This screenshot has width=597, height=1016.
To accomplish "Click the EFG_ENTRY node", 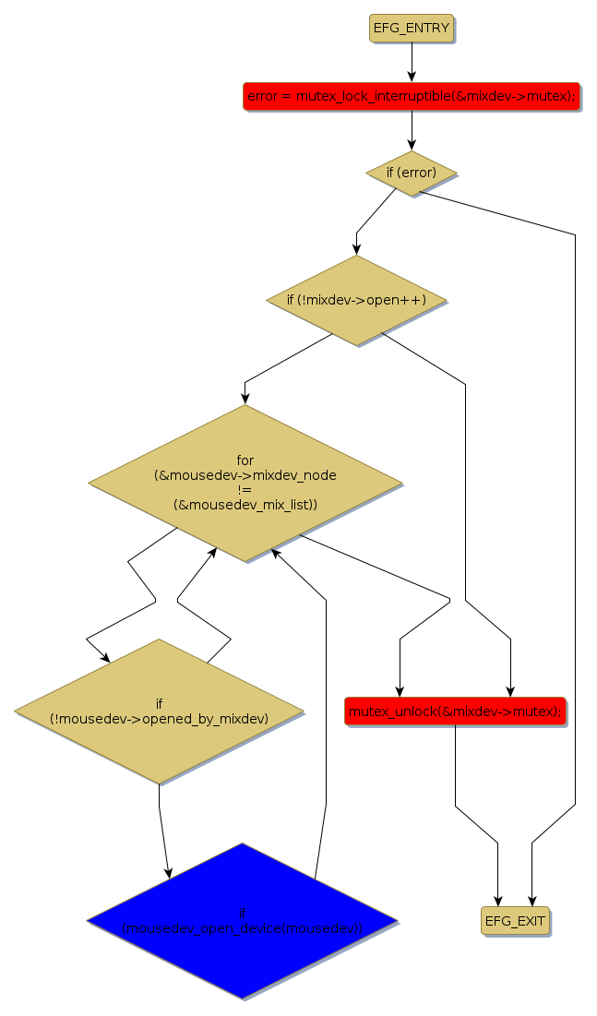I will coord(412,29).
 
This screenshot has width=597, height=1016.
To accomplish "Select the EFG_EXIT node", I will coord(515,921).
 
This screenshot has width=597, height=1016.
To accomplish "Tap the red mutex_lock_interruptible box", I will coord(412,96).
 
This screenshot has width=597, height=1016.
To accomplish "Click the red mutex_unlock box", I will coord(455,711).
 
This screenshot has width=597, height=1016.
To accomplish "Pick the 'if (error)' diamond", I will coord(412,173).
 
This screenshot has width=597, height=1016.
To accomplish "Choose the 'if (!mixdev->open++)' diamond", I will coord(356,300).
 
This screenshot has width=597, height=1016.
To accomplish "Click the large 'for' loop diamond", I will coord(245,483).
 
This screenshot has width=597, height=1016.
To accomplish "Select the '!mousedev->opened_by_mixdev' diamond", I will coord(159,711).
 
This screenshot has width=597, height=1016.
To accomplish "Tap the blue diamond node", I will coord(242,920).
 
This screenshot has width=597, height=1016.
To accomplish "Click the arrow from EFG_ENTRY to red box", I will coord(412,62).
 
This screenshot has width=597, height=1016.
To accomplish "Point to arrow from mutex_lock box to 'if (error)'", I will coord(412,130).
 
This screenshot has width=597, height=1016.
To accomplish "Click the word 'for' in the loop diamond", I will coord(245,460).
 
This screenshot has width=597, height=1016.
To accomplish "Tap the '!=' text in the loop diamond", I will coord(245,490).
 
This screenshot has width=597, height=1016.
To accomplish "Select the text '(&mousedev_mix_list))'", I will coord(245,505).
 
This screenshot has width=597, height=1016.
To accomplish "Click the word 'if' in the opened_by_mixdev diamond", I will coord(159,703).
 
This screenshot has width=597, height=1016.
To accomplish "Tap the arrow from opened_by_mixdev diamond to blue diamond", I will coord(162,831).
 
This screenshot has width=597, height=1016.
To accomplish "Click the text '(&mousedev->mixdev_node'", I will coord(245,475).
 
